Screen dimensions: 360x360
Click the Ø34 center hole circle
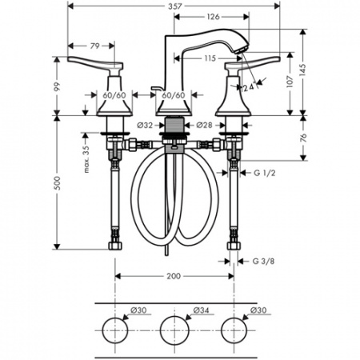coord(175,328)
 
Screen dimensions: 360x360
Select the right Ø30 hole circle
coord(233,328)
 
